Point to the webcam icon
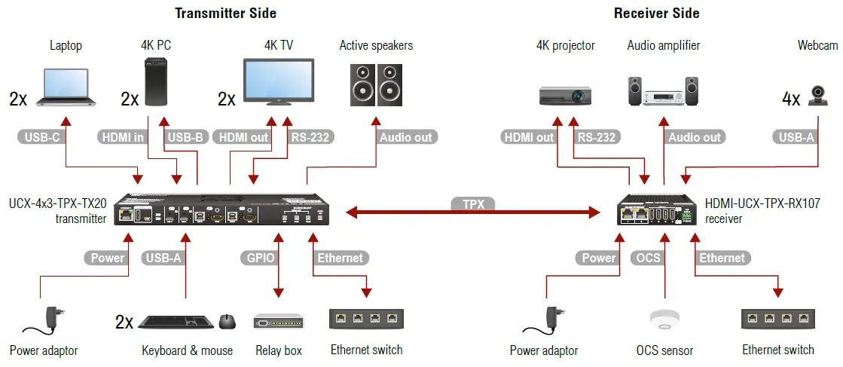point(818,95)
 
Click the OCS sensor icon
point(664,320)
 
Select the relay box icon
point(279,321)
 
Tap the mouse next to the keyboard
point(227,322)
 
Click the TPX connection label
point(473,204)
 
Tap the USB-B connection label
point(185,137)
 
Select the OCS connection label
point(648,258)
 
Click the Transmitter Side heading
point(225,13)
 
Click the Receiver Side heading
point(656,13)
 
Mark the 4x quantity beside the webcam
point(791,99)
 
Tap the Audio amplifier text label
point(663,46)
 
